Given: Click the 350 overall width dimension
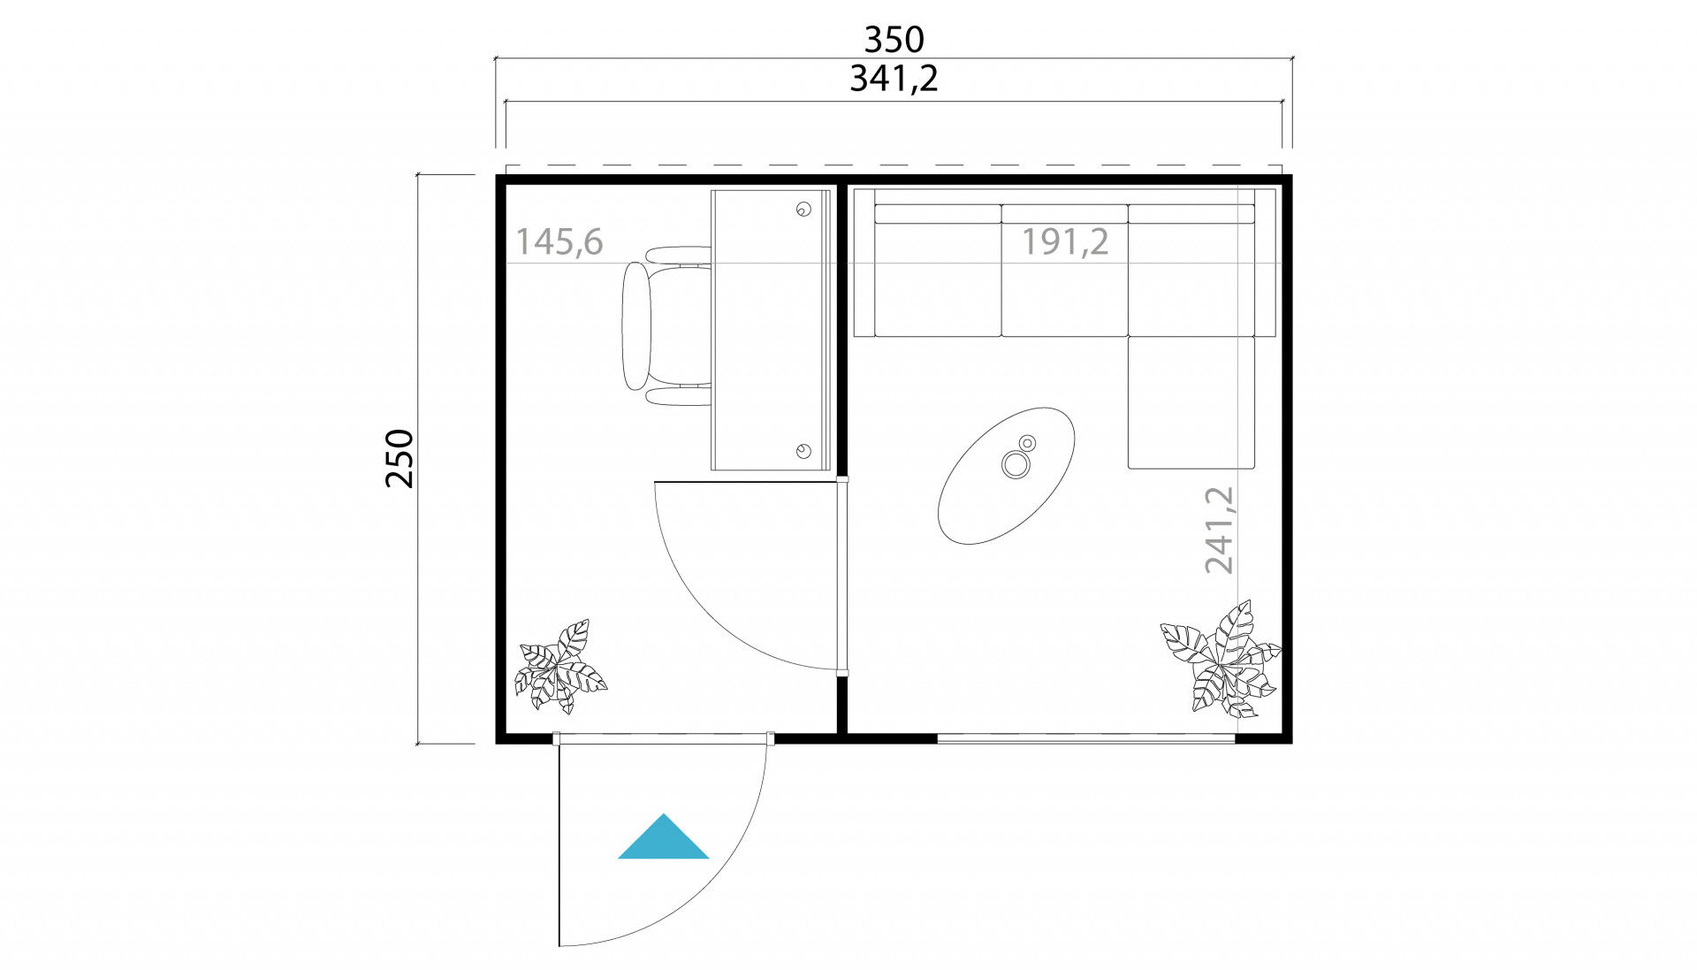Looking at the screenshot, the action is click(894, 39).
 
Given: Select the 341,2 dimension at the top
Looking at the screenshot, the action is click(894, 79).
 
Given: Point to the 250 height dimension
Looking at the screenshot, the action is click(400, 458).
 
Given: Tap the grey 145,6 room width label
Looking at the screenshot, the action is click(559, 241).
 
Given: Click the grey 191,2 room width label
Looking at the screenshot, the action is click(1065, 241).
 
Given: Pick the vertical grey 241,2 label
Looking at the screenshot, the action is click(1219, 530).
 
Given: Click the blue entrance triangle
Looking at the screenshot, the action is click(663, 836).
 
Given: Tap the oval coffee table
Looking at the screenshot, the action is click(1007, 476).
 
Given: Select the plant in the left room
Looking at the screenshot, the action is click(560, 666).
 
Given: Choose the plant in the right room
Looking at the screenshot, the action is click(1221, 659).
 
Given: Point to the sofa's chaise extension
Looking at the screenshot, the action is click(1191, 402).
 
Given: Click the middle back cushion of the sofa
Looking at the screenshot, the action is click(1065, 214).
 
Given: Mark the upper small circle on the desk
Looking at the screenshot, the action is click(803, 210).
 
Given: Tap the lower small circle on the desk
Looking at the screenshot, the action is click(803, 451).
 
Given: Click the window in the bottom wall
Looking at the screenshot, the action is click(1085, 737).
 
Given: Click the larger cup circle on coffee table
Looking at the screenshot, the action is click(1016, 464).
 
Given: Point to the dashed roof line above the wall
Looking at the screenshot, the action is click(894, 165).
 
